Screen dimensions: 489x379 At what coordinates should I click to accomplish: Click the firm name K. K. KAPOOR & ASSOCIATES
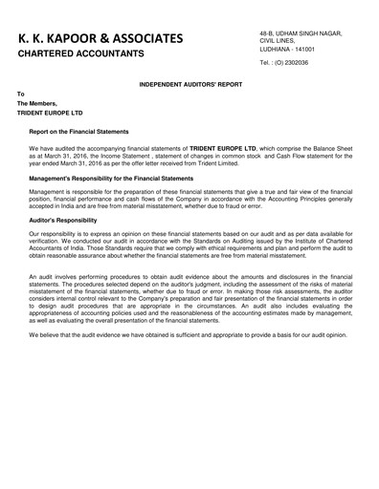click(94, 37)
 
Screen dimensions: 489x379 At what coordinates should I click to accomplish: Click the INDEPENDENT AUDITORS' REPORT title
click(189, 85)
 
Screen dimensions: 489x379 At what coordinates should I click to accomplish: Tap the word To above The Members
click(21, 95)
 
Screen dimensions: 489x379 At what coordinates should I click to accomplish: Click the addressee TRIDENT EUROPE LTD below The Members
click(51, 112)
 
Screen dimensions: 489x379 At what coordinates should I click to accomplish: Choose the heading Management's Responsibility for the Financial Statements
click(111, 179)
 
